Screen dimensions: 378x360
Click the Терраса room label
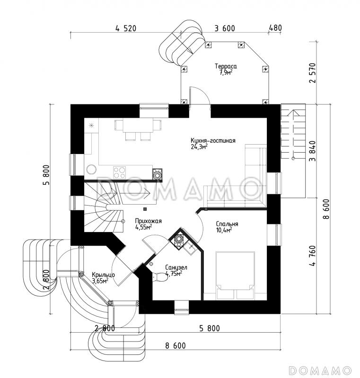[226, 66]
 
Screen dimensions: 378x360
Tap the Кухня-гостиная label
[213, 140]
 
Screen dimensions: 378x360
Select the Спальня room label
[227, 224]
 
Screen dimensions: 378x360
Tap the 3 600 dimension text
[225, 28]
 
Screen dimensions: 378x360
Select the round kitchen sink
[91, 169]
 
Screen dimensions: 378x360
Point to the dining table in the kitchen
[138, 126]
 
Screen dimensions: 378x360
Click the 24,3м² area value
[199, 147]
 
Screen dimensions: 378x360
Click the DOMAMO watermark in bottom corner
[320, 369]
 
